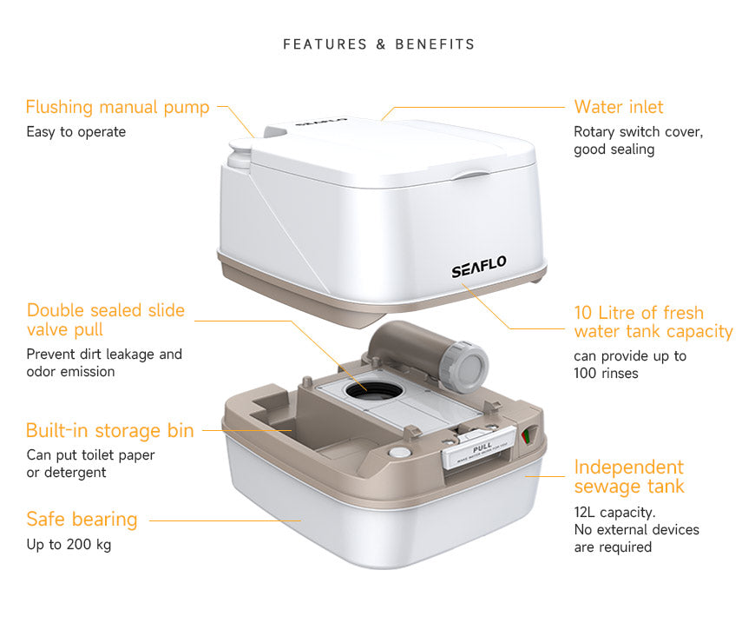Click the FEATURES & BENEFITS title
(379, 44)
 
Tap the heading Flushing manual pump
(117, 108)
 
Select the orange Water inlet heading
(618, 108)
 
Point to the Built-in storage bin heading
(105, 431)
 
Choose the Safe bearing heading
(82, 520)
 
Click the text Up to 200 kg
(69, 545)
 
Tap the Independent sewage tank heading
(628, 477)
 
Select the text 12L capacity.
(614, 512)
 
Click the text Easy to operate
(75, 132)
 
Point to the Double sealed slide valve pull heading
(105, 320)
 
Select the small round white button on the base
(399, 453)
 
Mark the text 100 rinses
(606, 374)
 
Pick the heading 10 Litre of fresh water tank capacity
(653, 322)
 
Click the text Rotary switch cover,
(638, 132)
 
